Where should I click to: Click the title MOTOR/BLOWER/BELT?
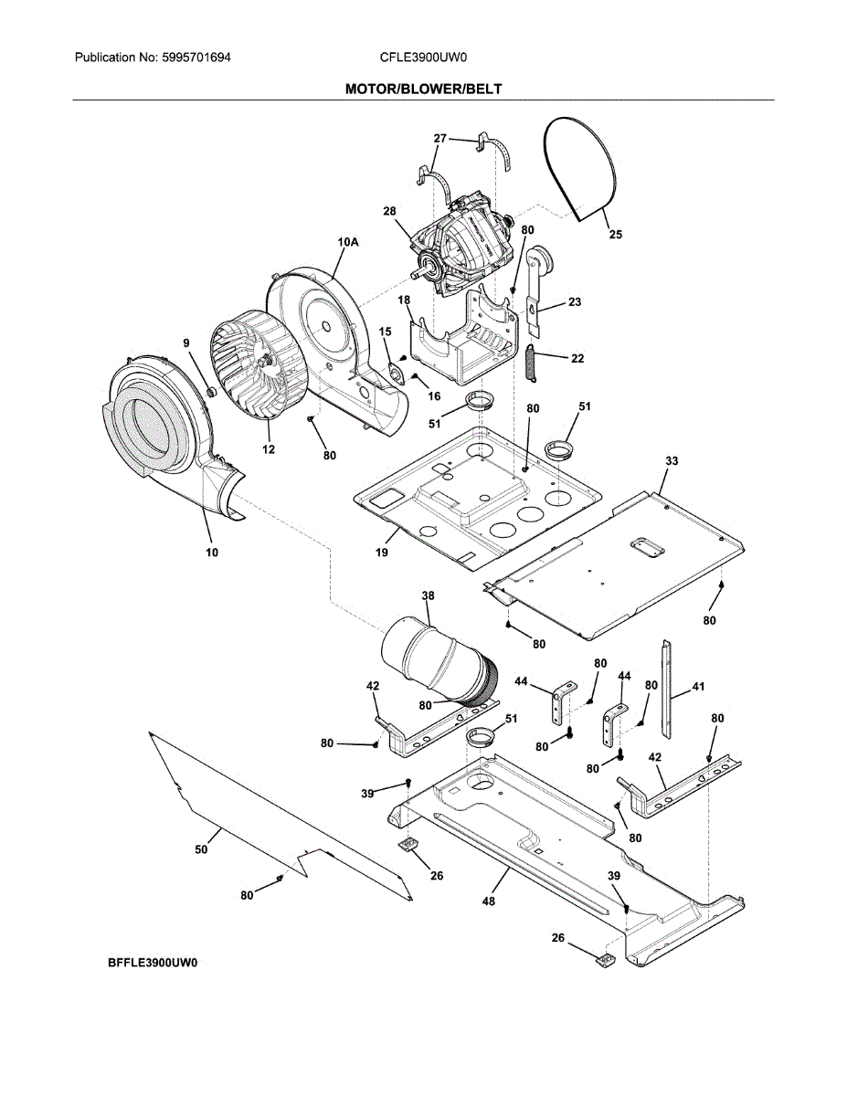(x=423, y=90)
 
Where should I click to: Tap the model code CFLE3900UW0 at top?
(x=423, y=57)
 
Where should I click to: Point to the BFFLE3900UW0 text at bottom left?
(x=152, y=963)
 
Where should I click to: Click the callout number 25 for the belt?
(x=616, y=235)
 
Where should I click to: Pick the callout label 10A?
(x=348, y=241)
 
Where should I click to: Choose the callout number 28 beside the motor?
(x=389, y=211)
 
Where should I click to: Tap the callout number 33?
(x=671, y=462)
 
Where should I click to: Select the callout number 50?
(x=201, y=849)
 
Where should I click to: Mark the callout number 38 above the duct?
(x=428, y=595)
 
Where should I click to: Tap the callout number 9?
(x=186, y=343)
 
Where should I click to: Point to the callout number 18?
(x=403, y=300)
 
